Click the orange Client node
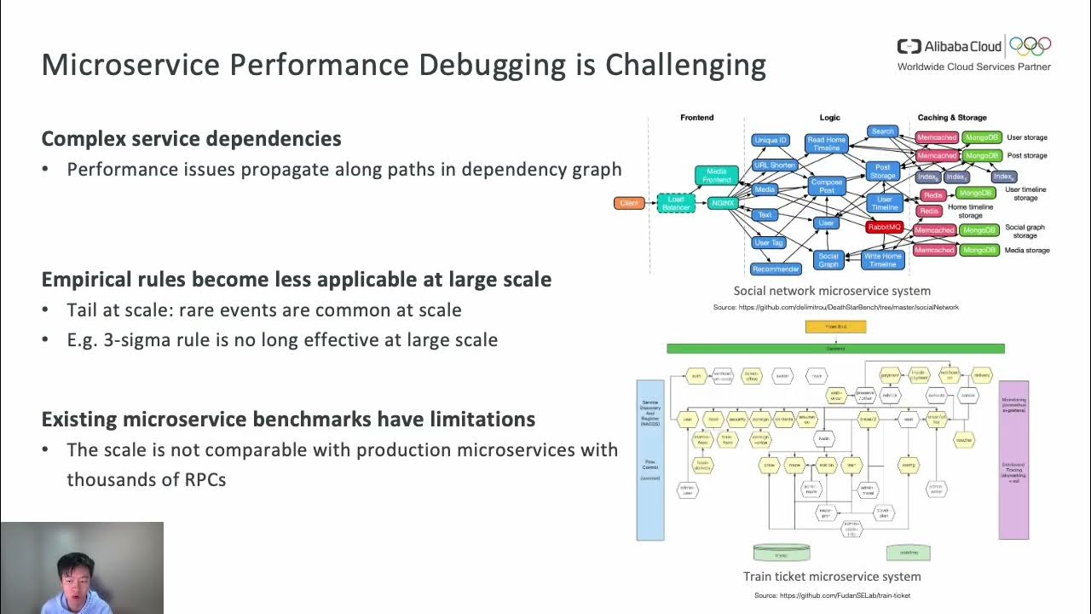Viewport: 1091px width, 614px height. point(629,203)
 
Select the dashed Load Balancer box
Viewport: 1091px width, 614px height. point(676,204)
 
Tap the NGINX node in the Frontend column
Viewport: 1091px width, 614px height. point(721,203)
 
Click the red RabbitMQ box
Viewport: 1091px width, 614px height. point(884,228)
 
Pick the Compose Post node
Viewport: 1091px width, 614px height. point(826,186)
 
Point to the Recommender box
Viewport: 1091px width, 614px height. point(776,269)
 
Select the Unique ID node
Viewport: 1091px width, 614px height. point(771,140)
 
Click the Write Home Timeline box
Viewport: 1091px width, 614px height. point(882,260)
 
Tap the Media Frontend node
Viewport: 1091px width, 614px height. point(717,176)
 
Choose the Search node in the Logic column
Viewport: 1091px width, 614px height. point(882,131)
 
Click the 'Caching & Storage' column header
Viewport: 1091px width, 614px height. point(952,118)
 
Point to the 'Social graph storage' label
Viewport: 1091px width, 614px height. point(1025,231)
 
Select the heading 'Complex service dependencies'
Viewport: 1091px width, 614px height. point(191,139)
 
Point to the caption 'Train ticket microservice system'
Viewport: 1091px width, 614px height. point(832,576)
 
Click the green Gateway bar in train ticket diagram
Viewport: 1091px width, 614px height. point(835,349)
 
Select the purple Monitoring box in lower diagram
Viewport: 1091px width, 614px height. point(1013,460)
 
